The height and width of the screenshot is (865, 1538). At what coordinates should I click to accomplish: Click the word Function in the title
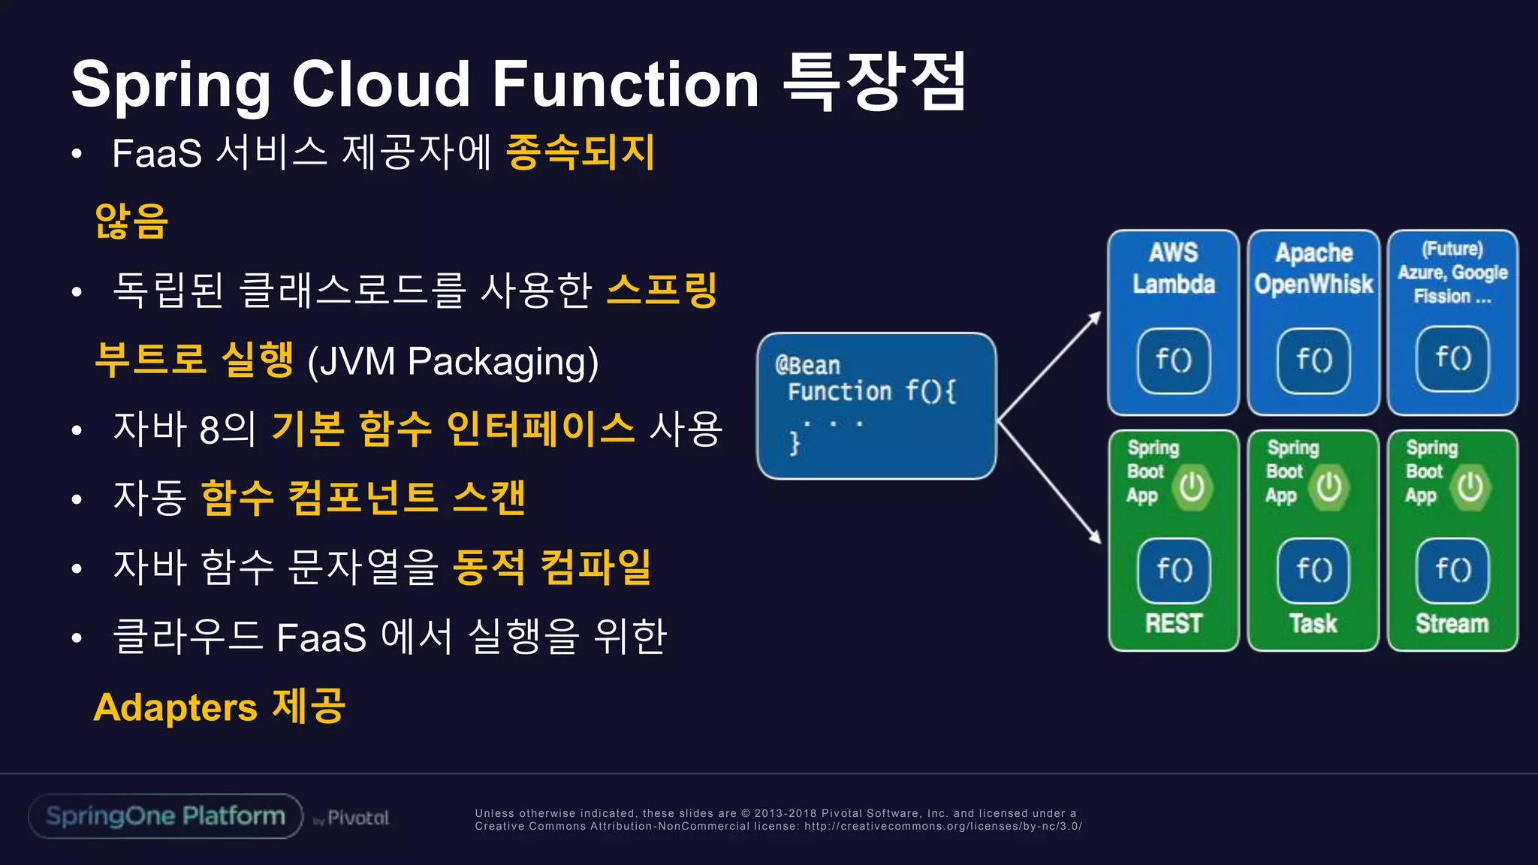click(626, 84)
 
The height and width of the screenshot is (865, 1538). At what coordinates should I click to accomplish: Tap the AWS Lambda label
click(1174, 269)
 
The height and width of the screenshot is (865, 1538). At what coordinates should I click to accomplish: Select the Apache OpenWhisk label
click(1313, 269)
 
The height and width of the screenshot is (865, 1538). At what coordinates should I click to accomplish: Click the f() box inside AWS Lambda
click(1174, 360)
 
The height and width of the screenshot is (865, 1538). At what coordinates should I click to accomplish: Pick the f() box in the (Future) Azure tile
click(1452, 359)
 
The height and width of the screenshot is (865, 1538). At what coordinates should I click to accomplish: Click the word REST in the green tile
click(1174, 623)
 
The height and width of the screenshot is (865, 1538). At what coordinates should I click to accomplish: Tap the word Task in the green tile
click(1313, 623)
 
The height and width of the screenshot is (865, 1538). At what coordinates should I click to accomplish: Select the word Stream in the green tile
click(1452, 623)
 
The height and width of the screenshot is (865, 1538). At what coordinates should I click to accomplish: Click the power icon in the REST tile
click(1192, 488)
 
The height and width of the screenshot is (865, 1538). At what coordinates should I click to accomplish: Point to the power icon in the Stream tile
click(1470, 488)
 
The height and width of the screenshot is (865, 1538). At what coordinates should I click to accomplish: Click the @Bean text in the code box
click(808, 366)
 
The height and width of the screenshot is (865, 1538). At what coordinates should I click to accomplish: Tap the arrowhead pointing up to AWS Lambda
click(1096, 317)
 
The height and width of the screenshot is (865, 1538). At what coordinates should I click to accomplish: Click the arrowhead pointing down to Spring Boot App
click(1096, 538)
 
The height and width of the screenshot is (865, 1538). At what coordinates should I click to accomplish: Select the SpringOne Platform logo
click(165, 816)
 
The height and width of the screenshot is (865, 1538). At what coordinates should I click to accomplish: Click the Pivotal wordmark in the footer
click(358, 818)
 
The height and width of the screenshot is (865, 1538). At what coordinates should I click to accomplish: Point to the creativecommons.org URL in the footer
click(942, 826)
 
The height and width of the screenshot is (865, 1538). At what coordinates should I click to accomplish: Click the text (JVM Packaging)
click(453, 361)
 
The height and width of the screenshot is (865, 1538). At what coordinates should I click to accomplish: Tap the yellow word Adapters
click(176, 707)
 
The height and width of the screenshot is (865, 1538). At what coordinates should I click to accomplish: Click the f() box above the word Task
click(1313, 571)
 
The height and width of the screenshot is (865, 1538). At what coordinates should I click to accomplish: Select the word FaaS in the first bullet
click(157, 153)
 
